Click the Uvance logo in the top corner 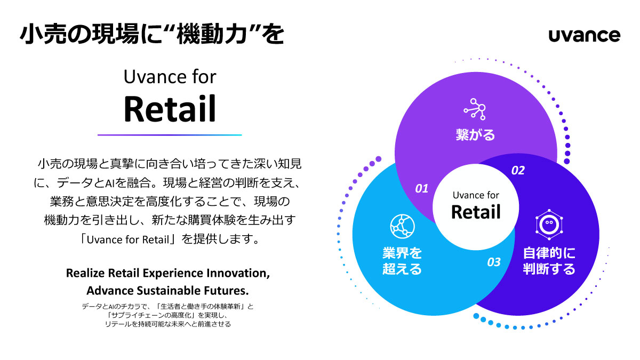[x=584, y=35]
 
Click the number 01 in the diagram [x=422, y=188]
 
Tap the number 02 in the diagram [x=518, y=171]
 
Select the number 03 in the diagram [x=494, y=262]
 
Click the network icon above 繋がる [x=475, y=109]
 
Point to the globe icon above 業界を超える [x=402, y=227]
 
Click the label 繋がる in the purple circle [x=475, y=135]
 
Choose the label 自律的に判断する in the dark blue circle [x=549, y=261]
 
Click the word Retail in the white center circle [x=476, y=212]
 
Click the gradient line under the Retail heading [x=170, y=135]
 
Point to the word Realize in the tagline [x=85, y=273]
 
